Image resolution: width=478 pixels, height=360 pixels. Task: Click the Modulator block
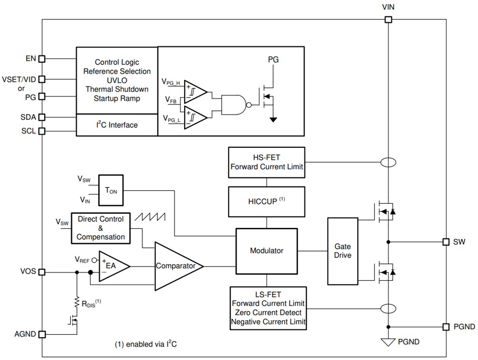[x=266, y=251]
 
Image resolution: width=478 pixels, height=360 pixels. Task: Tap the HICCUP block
[x=266, y=202]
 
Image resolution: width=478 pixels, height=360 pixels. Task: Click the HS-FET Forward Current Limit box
[x=266, y=162]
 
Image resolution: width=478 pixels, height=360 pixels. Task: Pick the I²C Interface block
[x=116, y=125]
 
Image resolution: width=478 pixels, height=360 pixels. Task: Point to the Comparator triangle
[x=176, y=266]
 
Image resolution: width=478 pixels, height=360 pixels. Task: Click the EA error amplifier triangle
[x=112, y=265]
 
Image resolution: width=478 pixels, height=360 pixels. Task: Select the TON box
[x=111, y=190]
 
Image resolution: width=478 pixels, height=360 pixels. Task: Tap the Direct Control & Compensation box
[x=100, y=228]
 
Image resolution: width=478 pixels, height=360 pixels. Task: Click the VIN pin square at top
[x=388, y=19]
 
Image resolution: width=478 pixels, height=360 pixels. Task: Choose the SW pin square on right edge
[x=445, y=241]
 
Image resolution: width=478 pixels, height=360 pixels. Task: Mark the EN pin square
[x=42, y=59]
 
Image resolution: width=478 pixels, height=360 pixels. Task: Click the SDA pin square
[x=42, y=117]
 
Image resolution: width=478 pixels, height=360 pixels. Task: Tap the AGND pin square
[x=42, y=334]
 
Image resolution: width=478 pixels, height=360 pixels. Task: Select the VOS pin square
[x=42, y=272]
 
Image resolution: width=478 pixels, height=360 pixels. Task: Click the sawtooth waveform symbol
[x=150, y=217]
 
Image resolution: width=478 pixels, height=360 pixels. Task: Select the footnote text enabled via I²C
[x=146, y=344]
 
